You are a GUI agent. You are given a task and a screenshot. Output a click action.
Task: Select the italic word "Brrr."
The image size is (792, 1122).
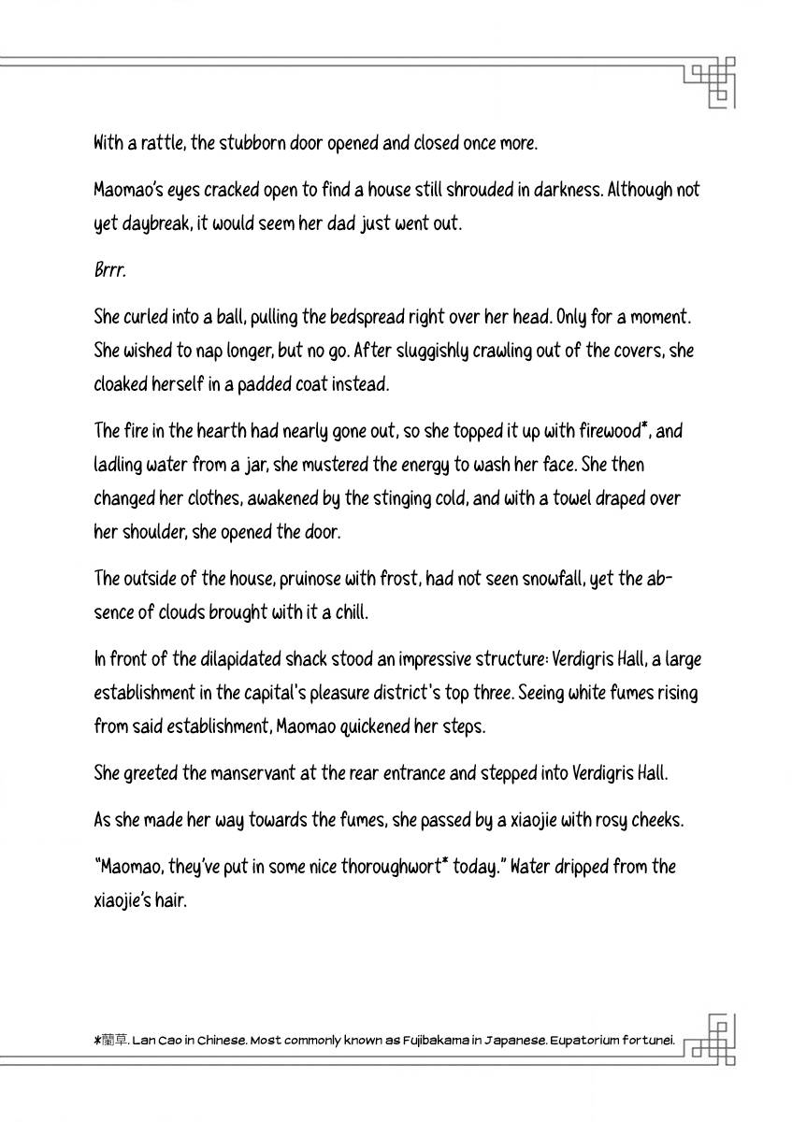tap(109, 270)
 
